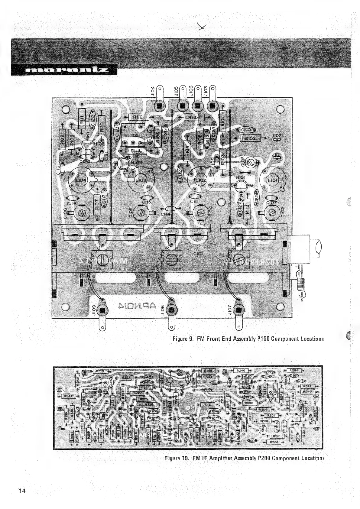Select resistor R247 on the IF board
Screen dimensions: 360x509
[68, 396]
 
